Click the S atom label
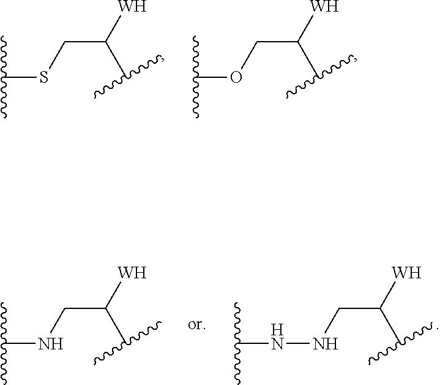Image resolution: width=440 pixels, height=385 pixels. coord(43,78)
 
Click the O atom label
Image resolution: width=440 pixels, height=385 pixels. coord(236,78)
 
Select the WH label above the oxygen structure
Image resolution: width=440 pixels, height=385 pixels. coord(324,8)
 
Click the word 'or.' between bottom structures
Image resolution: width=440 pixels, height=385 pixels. coord(196,325)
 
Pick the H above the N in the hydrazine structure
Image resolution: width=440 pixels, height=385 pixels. coord(278,330)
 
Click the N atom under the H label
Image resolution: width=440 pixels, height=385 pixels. coord(278,343)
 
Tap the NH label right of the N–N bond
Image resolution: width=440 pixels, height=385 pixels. coord(325,343)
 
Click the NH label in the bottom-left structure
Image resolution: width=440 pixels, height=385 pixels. coord(51,344)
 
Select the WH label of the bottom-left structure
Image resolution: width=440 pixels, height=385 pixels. coord(132,273)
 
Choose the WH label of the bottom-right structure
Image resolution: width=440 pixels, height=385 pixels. coord(406,273)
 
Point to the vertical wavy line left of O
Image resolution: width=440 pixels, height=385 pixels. coord(197,77)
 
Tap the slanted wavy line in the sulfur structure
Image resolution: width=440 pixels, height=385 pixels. coord(128,77)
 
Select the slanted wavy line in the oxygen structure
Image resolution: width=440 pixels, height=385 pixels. coord(319,77)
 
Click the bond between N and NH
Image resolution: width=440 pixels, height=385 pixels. coord(299,343)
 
